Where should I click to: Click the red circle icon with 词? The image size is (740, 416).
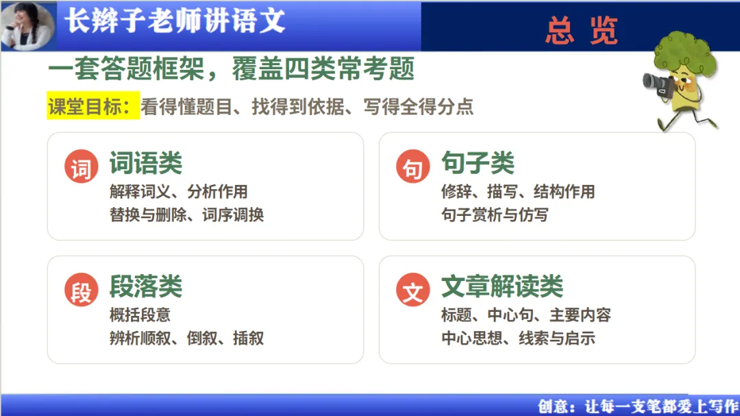tap(81, 167)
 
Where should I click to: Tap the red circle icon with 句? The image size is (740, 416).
tap(413, 167)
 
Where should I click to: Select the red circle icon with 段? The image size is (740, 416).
tap(81, 289)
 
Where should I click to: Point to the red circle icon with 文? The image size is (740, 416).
tap(413, 289)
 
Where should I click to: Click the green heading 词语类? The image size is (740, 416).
tap(146, 163)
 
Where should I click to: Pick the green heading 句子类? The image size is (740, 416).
tap(478, 163)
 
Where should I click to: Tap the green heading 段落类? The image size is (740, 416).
tap(146, 286)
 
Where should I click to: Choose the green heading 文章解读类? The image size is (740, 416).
tap(502, 286)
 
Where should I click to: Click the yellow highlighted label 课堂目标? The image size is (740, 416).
tap(93, 106)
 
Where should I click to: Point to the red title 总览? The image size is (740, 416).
tap(582, 30)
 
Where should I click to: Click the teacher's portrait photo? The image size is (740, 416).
tap(28, 25)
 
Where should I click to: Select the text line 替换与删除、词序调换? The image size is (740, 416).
tap(186, 215)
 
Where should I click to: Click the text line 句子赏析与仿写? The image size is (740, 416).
tap(495, 215)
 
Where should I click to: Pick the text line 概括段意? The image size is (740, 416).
tap(140, 315)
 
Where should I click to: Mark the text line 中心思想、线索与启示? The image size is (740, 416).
tap(518, 338)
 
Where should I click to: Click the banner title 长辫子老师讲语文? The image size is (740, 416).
tap(175, 21)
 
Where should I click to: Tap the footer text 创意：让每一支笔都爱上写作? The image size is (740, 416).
tap(639, 406)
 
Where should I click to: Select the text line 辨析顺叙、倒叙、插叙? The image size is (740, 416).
tap(186, 338)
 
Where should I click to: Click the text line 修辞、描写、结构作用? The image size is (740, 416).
tap(518, 191)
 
